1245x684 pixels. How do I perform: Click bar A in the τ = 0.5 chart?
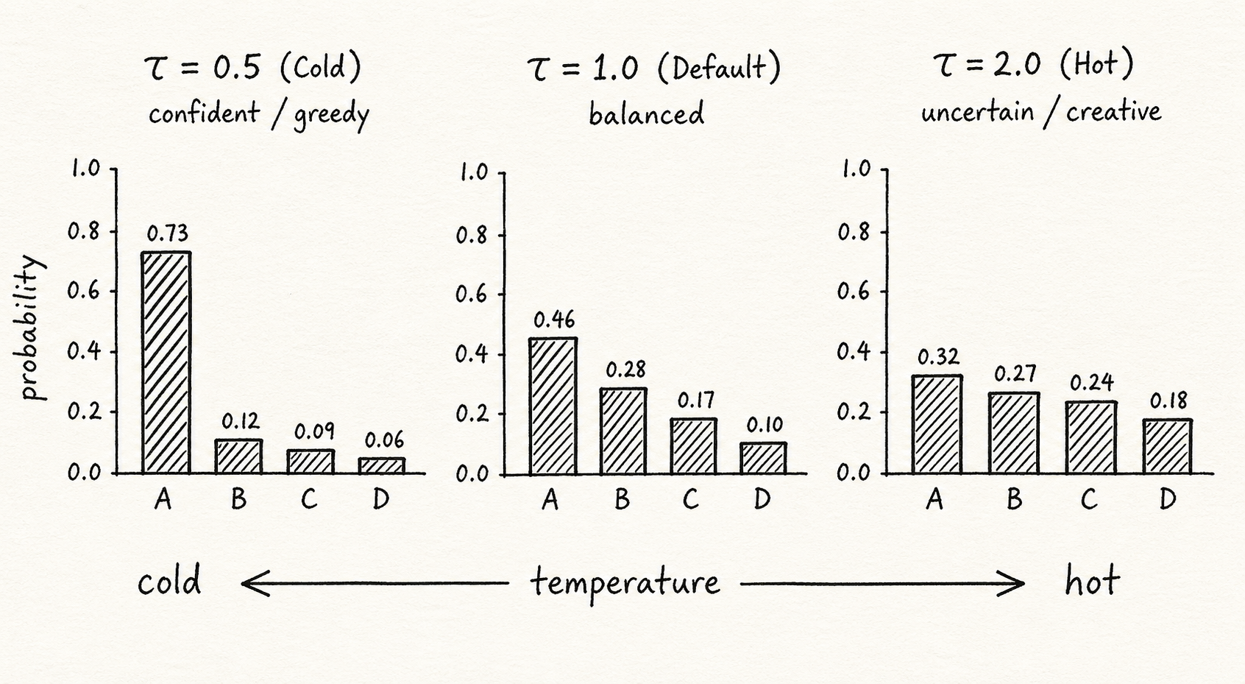(166, 362)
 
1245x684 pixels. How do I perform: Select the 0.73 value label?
(168, 234)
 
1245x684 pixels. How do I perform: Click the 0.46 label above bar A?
(554, 320)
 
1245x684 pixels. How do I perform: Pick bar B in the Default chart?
(622, 431)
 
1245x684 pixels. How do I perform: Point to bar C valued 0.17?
(693, 446)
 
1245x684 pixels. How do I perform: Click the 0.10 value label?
(765, 425)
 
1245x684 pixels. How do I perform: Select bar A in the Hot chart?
(936, 424)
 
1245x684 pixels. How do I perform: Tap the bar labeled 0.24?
(1090, 437)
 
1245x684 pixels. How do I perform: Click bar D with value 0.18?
(1167, 446)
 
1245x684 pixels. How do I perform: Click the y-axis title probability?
(31, 328)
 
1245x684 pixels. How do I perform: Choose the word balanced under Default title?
(646, 114)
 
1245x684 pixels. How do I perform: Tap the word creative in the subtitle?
(1113, 112)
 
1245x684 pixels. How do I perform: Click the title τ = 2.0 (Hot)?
(1034, 65)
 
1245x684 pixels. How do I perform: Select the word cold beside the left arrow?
(169, 582)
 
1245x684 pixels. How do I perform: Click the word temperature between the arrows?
(625, 583)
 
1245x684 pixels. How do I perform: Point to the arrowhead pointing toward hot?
(1015, 584)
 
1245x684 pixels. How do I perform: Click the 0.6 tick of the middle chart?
(472, 295)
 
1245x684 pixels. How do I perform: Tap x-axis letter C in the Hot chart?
(1089, 500)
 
